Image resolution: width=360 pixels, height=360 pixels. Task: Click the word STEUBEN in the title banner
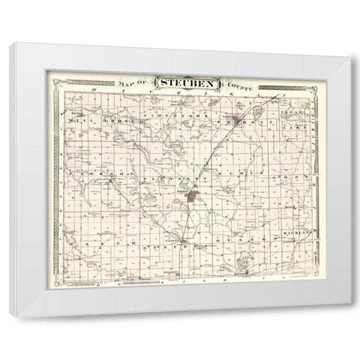pyautogui.click(x=184, y=80)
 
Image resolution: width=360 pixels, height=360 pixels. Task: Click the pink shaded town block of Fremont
pyautogui.click(x=238, y=119)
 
